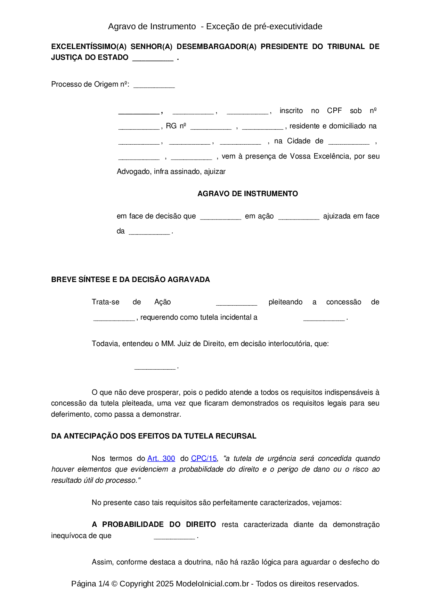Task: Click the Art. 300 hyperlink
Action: [161, 458]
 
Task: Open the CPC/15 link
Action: [204, 458]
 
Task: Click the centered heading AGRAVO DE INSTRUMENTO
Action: [247, 194]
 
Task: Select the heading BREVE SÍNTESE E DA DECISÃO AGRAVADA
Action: [130, 280]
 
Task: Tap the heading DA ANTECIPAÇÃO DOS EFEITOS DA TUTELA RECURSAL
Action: [154, 436]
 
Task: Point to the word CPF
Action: [334, 111]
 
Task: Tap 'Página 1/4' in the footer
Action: [90, 584]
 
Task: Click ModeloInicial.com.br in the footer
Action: [212, 584]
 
